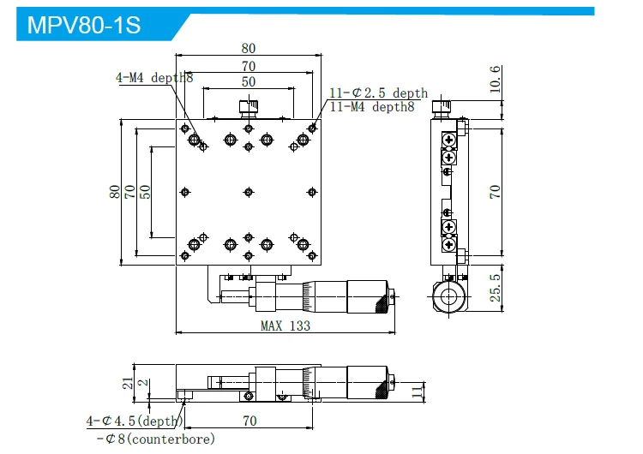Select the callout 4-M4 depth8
pyautogui.click(x=154, y=77)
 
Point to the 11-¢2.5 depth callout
pyautogui.click(x=378, y=93)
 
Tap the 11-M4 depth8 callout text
pyautogui.click(x=372, y=106)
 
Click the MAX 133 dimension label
pyautogui.click(x=285, y=326)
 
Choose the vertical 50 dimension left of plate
pyautogui.click(x=145, y=191)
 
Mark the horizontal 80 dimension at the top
pyautogui.click(x=248, y=49)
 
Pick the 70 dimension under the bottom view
pyautogui.click(x=249, y=421)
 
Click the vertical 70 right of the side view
pyautogui.click(x=495, y=190)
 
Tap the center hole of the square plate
pyautogui.click(x=248, y=191)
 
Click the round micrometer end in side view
pyautogui.click(x=448, y=296)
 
